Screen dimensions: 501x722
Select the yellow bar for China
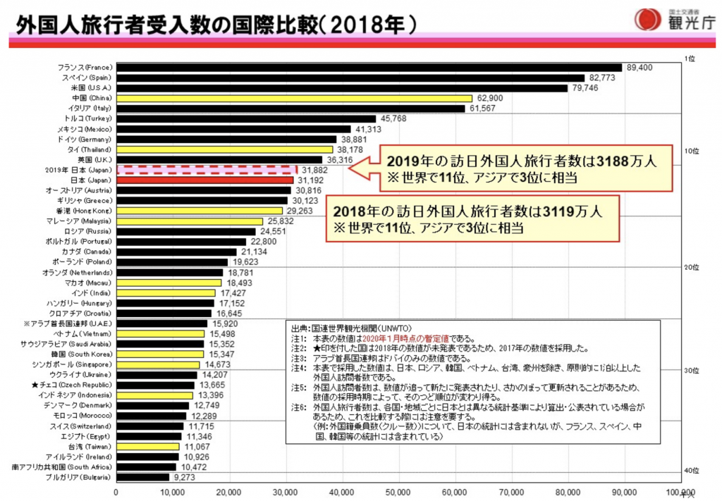[x=293, y=98]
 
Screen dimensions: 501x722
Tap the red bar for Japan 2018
[x=204, y=180]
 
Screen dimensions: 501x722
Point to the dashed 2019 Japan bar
[x=206, y=170]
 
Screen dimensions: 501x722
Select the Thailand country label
[x=89, y=149]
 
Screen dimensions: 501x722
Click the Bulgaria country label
[x=80, y=477]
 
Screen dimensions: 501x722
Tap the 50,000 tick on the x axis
[x=398, y=491]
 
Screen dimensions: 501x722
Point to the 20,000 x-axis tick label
[x=228, y=491]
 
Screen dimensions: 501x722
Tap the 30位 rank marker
[x=691, y=371]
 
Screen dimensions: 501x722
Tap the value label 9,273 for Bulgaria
[x=183, y=477]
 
